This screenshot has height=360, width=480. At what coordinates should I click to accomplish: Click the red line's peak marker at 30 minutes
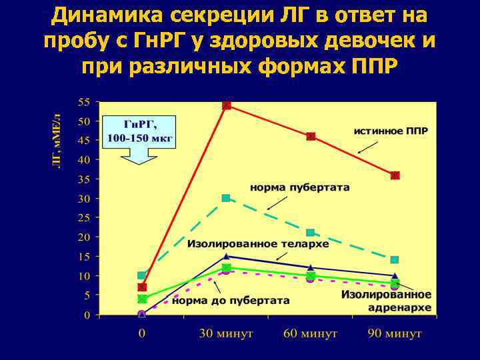pyautogui.click(x=226, y=105)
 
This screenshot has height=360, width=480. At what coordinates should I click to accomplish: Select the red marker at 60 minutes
pyautogui.click(x=311, y=136)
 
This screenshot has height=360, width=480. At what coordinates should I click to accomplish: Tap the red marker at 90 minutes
pyautogui.click(x=395, y=175)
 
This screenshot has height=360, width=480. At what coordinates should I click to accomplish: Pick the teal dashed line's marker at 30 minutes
pyautogui.click(x=226, y=198)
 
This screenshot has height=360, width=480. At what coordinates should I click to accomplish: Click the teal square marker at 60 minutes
pyautogui.click(x=311, y=233)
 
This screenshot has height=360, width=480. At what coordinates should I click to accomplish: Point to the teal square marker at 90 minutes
pyautogui.click(x=395, y=259)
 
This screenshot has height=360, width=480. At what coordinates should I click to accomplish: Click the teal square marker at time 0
pyautogui.click(x=141, y=275)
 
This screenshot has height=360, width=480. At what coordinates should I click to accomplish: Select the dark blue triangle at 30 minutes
pyautogui.click(x=226, y=256)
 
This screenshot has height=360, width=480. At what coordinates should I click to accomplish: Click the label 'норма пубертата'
pyautogui.click(x=299, y=187)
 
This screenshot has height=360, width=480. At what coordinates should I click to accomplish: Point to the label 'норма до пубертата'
pyautogui.click(x=231, y=301)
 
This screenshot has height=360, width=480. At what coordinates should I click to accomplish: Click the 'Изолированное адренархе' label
pyautogui.click(x=386, y=301)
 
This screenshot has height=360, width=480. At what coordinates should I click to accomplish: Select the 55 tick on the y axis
pyautogui.click(x=84, y=102)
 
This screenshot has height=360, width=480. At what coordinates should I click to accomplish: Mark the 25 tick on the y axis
pyautogui.click(x=84, y=218)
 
